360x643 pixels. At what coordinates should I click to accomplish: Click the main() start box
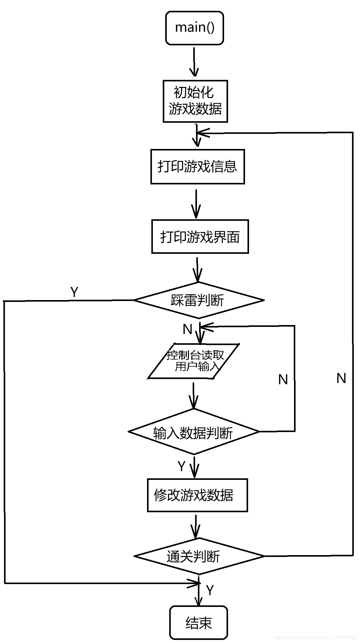(x=194, y=28)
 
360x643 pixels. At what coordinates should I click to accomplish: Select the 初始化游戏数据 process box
(x=195, y=101)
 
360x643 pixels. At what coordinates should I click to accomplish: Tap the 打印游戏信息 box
(x=197, y=167)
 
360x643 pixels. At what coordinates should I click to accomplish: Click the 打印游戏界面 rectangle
(x=200, y=237)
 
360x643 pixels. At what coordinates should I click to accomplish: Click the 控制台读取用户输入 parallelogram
(x=194, y=361)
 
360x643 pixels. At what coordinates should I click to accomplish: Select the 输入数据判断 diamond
(x=193, y=432)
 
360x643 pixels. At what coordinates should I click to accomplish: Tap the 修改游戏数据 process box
(x=197, y=495)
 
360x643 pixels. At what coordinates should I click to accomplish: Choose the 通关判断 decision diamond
(x=199, y=556)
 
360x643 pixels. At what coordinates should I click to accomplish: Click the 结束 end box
(x=198, y=623)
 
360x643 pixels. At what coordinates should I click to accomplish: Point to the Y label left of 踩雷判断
(x=74, y=292)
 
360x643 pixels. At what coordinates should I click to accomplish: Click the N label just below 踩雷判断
(x=187, y=329)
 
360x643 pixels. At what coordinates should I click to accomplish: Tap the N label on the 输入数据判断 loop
(x=283, y=380)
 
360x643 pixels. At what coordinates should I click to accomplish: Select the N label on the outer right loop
(x=341, y=378)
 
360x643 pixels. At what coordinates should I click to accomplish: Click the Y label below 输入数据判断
(x=182, y=466)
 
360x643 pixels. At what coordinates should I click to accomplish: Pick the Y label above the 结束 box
(x=210, y=590)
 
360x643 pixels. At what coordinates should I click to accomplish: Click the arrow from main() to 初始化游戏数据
(x=194, y=62)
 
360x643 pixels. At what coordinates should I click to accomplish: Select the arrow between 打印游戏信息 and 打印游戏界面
(x=196, y=204)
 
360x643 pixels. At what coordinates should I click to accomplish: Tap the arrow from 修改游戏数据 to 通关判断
(x=195, y=526)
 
